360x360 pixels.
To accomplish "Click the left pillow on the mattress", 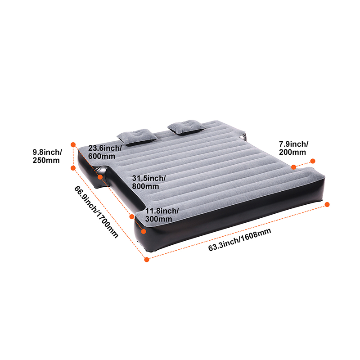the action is click(137, 137).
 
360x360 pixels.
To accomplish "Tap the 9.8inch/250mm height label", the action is click(47, 156).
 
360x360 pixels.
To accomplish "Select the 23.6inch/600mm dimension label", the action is click(105, 152).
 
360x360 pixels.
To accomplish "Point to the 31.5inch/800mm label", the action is click(148, 182).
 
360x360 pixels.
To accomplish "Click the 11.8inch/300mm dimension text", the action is click(162, 215).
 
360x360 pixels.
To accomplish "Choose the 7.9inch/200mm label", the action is click(294, 148).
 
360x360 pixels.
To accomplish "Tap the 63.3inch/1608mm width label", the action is click(239, 240).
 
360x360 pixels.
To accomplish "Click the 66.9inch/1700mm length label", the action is click(96, 211).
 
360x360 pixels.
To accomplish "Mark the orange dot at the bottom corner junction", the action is click(147, 260).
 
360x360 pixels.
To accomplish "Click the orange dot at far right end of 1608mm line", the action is click(327, 204).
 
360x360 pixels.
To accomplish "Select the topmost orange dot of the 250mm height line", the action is click(73, 144).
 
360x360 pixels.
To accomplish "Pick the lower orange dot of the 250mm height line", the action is click(73, 168).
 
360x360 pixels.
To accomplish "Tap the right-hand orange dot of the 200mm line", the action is click(312, 161).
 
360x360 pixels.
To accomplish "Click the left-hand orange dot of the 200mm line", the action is click(293, 167).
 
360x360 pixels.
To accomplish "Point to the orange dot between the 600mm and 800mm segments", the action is click(100, 177).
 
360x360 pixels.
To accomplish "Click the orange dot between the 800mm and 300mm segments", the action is click(132, 216).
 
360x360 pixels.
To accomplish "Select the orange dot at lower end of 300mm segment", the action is click(144, 231).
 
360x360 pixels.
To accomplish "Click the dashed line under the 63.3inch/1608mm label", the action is click(237, 232).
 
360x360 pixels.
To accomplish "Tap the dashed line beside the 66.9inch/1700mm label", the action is click(110, 213).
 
